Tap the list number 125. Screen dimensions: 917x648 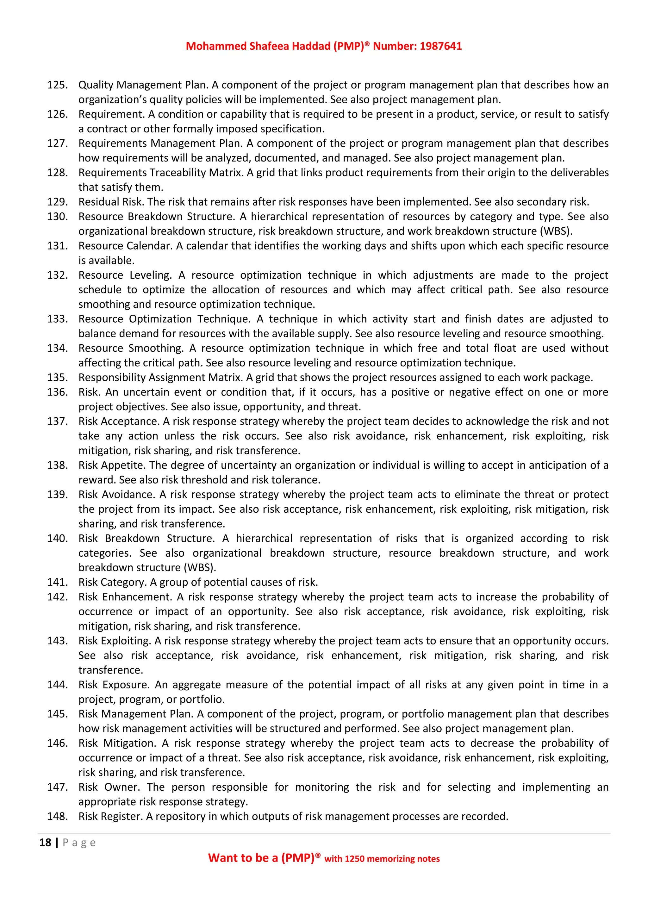(x=57, y=85)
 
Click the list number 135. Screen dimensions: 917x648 (x=57, y=377)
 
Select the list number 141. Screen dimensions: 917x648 (x=57, y=582)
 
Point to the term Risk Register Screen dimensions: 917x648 (x=110, y=816)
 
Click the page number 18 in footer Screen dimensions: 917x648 (x=45, y=842)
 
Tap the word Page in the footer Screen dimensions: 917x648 (x=79, y=843)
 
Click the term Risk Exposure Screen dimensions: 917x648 (x=114, y=685)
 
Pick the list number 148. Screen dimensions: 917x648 (x=57, y=816)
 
